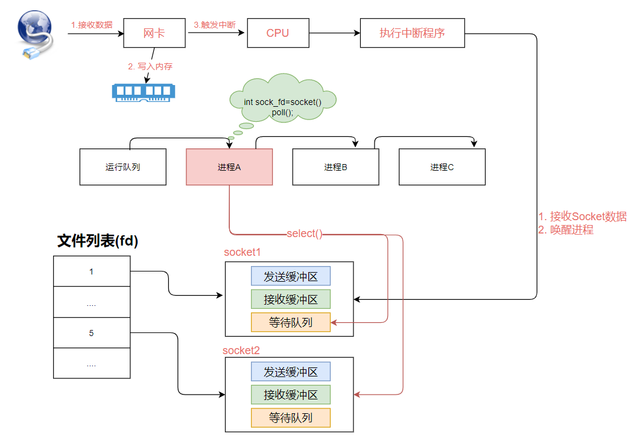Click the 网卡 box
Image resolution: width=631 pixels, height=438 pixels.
[x=154, y=33]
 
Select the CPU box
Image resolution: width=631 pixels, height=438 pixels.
[x=278, y=33]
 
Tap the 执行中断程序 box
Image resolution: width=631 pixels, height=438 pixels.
[x=412, y=33]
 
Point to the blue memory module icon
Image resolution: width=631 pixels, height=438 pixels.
[x=144, y=92]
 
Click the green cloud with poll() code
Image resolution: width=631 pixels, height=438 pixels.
[x=283, y=98]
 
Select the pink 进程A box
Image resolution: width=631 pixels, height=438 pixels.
[x=229, y=167]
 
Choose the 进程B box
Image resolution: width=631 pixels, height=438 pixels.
[x=335, y=167]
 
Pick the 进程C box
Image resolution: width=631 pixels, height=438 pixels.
[x=442, y=167]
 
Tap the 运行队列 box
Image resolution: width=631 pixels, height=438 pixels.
[x=122, y=167]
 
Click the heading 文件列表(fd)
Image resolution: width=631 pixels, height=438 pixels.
[x=97, y=241]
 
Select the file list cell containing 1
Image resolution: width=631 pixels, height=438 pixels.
[x=92, y=271]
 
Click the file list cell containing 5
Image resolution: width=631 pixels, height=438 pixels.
[x=92, y=333]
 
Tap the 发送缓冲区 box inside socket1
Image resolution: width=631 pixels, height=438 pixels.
[x=291, y=276]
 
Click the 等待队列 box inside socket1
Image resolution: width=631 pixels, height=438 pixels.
[x=291, y=322]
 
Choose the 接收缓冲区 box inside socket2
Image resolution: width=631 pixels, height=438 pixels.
[x=291, y=395]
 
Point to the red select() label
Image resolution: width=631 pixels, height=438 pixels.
[x=304, y=233]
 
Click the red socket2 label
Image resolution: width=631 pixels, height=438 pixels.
[x=241, y=351]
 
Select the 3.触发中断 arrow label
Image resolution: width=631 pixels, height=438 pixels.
[x=215, y=25]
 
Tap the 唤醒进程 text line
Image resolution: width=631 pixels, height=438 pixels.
[x=566, y=230]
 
